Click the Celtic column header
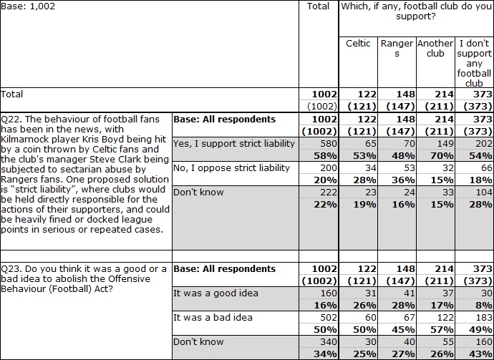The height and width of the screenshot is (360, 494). point(358,43)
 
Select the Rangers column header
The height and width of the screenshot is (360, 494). point(397,48)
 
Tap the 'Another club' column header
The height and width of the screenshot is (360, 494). point(435,48)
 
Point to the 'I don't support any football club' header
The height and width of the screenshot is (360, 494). point(474,63)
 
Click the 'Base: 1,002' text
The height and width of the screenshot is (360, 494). point(28,6)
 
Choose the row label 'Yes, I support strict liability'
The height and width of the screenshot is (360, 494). point(234,144)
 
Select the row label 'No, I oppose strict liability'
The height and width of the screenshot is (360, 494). point(231,168)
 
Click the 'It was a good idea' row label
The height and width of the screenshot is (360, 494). point(215,293)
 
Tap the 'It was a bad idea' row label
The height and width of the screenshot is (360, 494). point(213,317)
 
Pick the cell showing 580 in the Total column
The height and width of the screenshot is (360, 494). point(329,144)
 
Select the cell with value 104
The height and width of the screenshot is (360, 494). point(483,192)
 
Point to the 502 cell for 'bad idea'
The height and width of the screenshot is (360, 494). point(329,317)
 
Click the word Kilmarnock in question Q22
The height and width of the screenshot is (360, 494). point(24,140)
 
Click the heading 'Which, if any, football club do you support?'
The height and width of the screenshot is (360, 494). point(416,11)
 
